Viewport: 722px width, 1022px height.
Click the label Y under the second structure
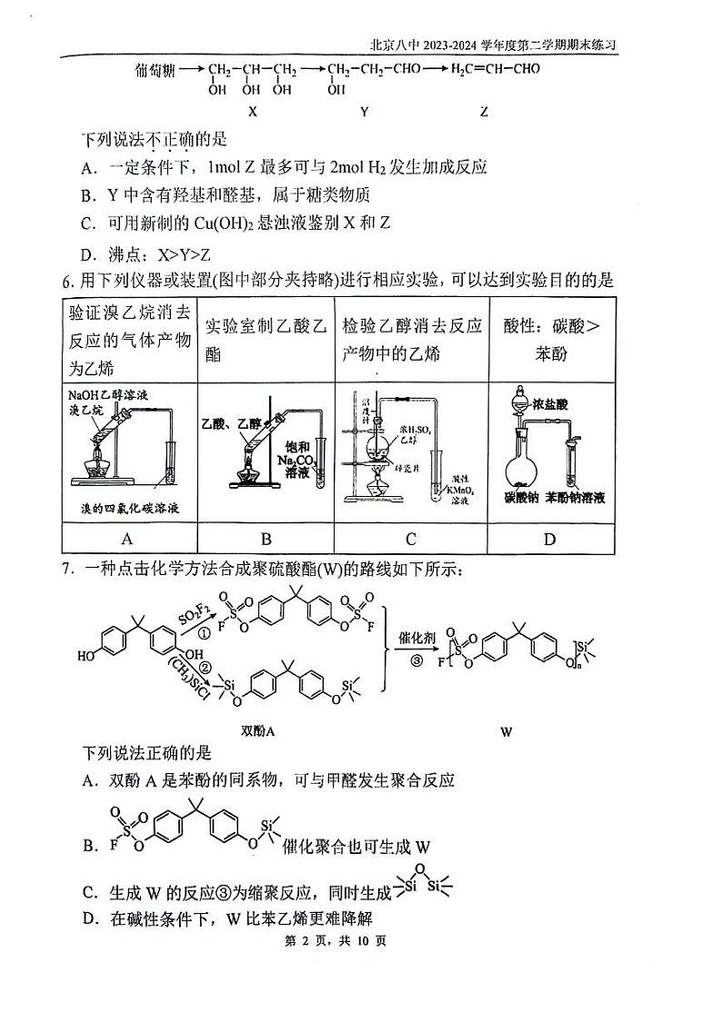click(x=364, y=112)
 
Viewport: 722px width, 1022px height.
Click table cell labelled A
click(x=129, y=539)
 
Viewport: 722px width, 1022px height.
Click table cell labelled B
click(x=266, y=539)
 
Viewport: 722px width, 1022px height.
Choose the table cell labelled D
click(x=549, y=539)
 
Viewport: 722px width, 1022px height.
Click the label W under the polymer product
click(x=506, y=730)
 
